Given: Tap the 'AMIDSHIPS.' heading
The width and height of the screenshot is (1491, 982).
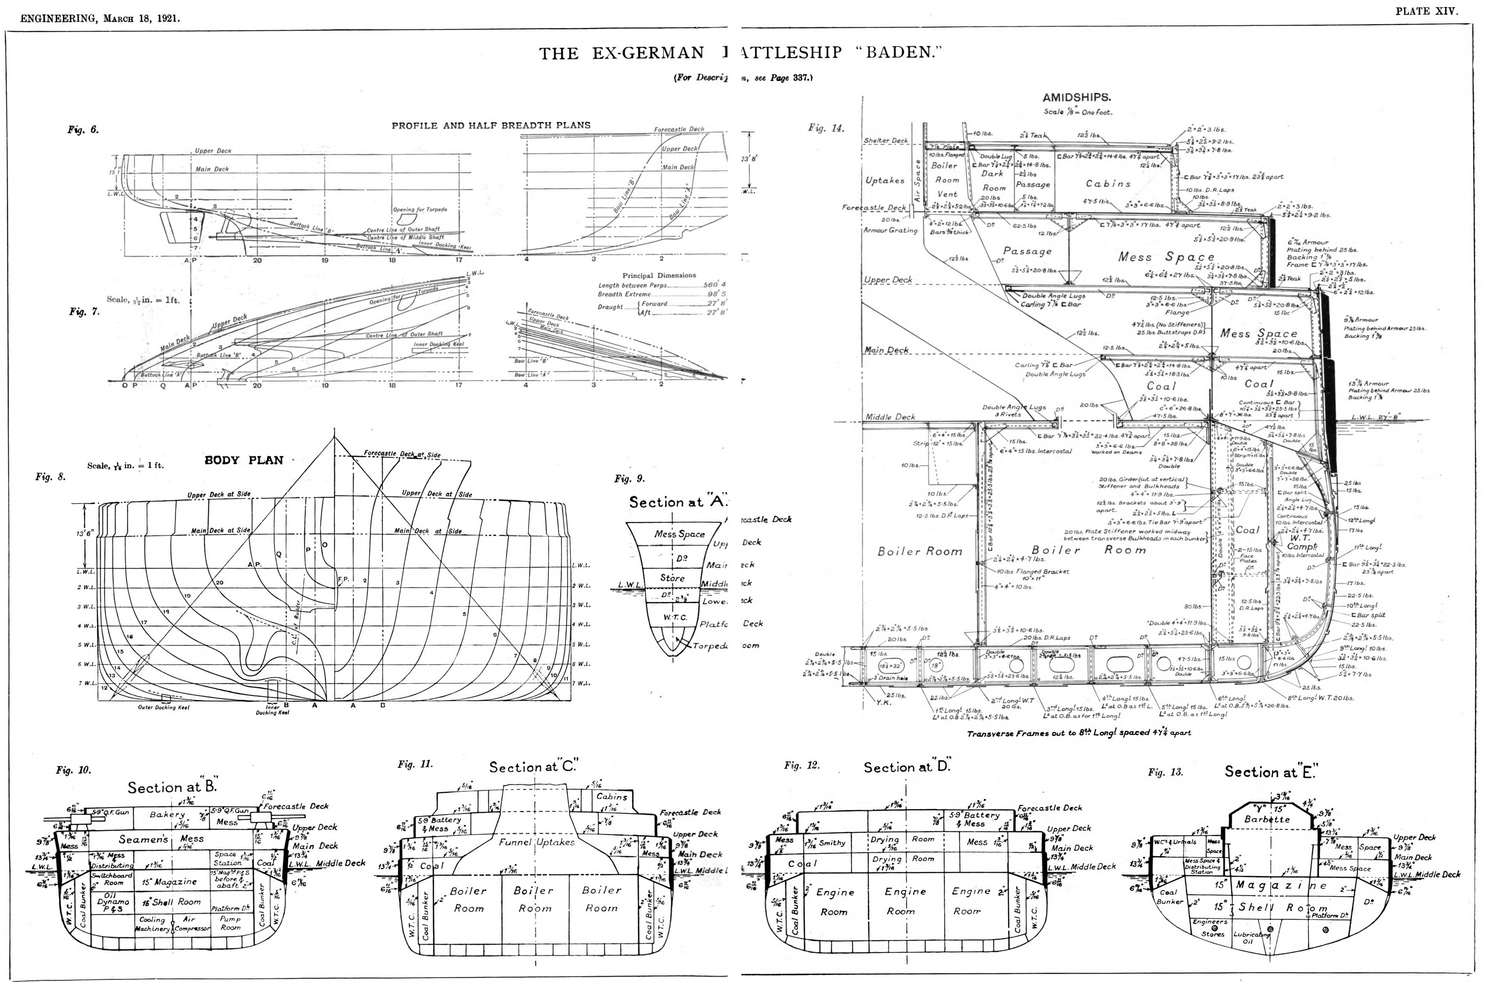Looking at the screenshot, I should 1076,98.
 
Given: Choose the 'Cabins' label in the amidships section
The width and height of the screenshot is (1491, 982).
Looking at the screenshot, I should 1108,184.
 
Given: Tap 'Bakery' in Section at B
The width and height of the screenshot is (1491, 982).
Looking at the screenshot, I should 167,815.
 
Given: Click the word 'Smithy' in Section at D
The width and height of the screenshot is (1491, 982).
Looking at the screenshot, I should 832,843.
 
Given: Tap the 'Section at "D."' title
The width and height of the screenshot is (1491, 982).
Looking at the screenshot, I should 907,768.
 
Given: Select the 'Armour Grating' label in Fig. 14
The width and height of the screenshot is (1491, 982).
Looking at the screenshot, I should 890,230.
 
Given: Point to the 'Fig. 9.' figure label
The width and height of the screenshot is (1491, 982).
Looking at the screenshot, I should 629,479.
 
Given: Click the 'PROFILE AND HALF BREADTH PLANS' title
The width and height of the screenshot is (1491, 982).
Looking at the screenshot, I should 491,125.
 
